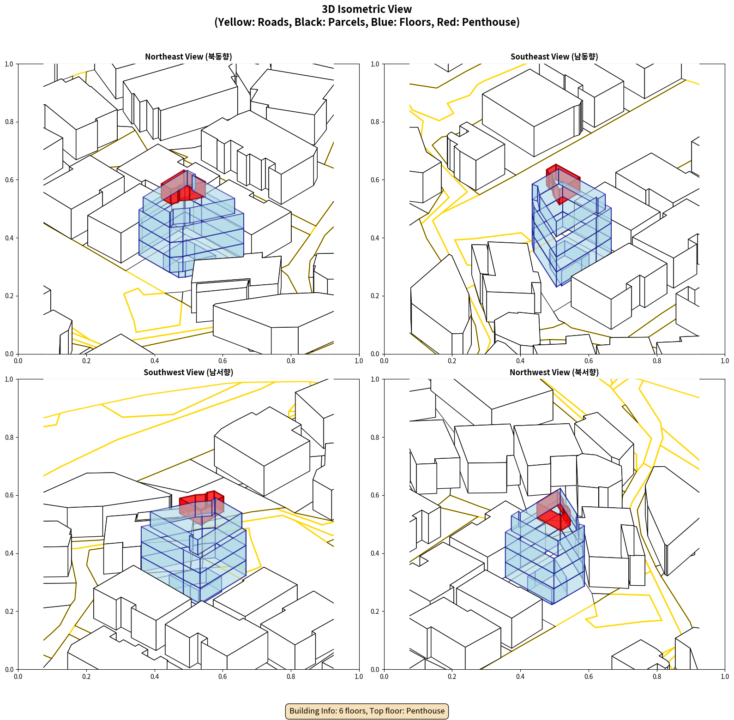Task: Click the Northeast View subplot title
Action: (x=188, y=56)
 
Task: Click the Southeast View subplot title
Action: (x=554, y=56)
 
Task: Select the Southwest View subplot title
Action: (x=188, y=372)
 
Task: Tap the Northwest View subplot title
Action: (x=554, y=372)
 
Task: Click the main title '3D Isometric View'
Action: (x=367, y=9)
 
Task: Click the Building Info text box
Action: (x=367, y=711)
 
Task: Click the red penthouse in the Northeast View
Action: (x=183, y=187)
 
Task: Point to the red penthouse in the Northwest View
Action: (x=554, y=511)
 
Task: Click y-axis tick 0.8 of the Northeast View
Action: (x=9, y=122)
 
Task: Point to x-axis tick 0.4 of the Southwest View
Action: (x=155, y=677)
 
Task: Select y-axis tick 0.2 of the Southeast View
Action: (x=375, y=296)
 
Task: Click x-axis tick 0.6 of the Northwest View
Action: (x=589, y=677)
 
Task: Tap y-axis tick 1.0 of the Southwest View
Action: (x=9, y=379)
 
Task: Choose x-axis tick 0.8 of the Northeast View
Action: (x=291, y=361)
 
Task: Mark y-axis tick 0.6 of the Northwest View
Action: (x=375, y=495)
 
